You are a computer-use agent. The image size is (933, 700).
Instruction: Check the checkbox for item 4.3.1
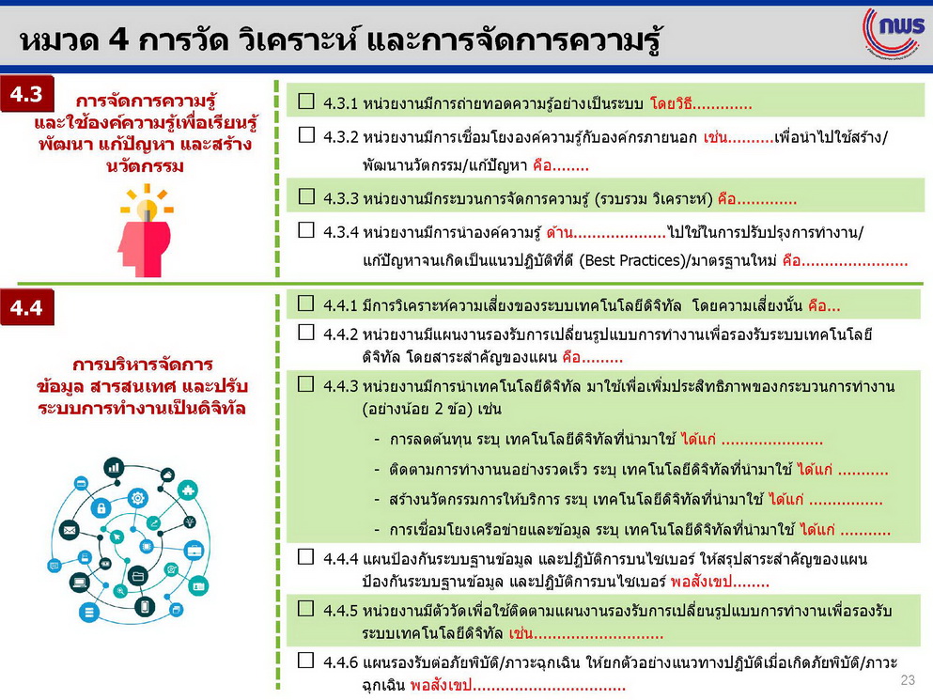[x=306, y=101]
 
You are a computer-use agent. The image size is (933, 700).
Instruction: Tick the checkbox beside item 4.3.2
[x=306, y=134]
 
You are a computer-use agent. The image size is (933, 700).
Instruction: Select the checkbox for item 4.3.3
[x=306, y=195]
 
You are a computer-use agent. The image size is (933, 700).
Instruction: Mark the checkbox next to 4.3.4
[x=306, y=230]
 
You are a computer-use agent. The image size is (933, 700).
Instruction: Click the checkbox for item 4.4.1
[x=306, y=303]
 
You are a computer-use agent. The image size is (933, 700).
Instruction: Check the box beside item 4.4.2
[x=306, y=332]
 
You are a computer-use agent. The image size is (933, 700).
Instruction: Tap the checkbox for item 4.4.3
[x=306, y=383]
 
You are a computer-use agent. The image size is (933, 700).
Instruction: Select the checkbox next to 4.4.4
[x=306, y=556]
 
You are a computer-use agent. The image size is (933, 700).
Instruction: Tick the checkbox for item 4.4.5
[x=306, y=608]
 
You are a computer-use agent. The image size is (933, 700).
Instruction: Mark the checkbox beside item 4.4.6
[x=306, y=660]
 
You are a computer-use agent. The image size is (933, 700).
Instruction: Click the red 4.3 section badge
[x=26, y=94]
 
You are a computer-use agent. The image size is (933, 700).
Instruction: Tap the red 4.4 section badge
[x=26, y=307]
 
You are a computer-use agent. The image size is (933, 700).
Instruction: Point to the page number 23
[x=908, y=679]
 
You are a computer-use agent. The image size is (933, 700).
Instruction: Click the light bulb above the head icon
[x=147, y=209]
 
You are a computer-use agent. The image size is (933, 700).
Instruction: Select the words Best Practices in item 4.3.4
[x=632, y=260]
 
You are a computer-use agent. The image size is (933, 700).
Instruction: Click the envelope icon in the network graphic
[x=69, y=529]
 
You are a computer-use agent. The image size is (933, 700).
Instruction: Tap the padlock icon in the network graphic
[x=101, y=507]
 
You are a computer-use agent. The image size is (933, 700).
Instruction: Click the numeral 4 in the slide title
[x=117, y=39]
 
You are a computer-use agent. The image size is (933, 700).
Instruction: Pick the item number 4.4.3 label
[x=341, y=386]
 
